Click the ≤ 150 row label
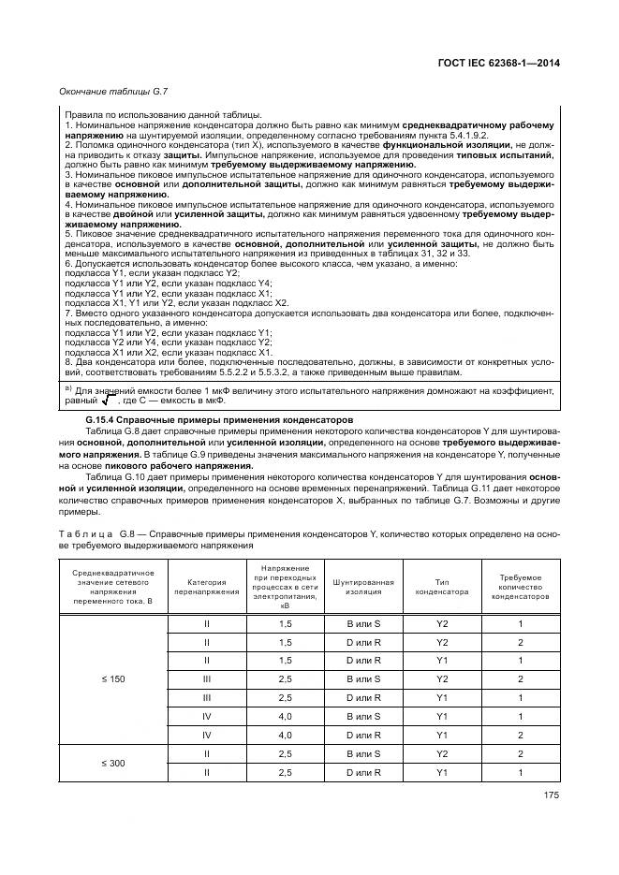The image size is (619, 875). (111, 678)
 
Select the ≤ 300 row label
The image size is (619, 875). (111, 763)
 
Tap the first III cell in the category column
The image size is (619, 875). (206, 678)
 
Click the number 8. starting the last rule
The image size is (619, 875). (67, 361)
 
